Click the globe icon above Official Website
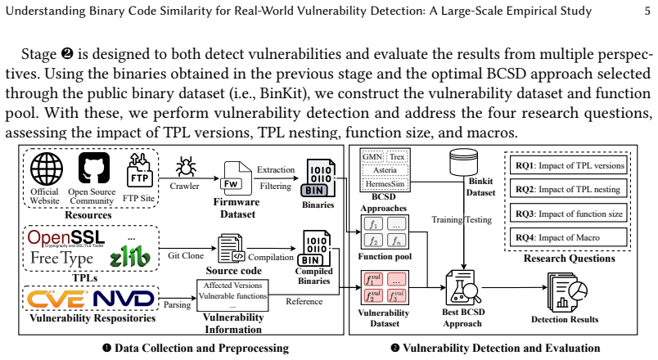[x=47, y=169]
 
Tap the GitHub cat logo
[x=94, y=168]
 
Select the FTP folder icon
[x=139, y=169]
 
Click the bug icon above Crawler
[x=185, y=167]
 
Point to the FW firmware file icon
[x=236, y=178]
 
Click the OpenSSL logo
[x=66, y=238]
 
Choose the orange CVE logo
[x=57, y=299]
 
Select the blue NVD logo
[x=124, y=299]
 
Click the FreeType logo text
[x=61, y=258]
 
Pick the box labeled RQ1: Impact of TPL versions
[x=569, y=165]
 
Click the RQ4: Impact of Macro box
[x=569, y=237]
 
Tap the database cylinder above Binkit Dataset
[x=463, y=162]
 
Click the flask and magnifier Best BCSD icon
[x=463, y=288]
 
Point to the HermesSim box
[x=385, y=184]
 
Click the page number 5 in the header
[x=647, y=11]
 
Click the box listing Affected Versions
[x=232, y=295]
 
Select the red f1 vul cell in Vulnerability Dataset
[x=373, y=280]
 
